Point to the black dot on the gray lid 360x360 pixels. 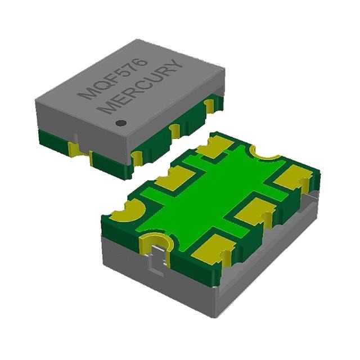pos(121,123)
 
